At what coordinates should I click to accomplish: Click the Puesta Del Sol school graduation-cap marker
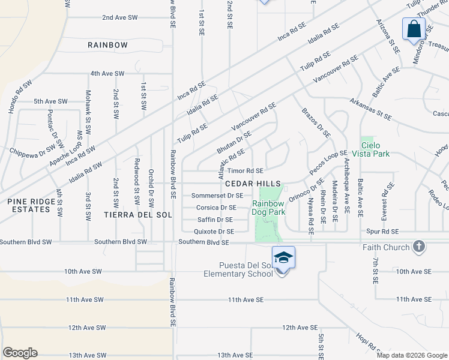(283, 257)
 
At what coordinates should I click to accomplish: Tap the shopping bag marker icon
(414, 29)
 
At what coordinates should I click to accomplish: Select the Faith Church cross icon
(419, 247)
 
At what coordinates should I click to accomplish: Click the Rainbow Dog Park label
(268, 207)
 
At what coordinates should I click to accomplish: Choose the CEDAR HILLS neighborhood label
(253, 183)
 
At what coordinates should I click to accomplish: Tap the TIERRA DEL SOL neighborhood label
(138, 214)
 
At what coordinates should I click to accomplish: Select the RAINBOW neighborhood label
(107, 45)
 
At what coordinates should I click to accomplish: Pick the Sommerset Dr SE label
(217, 196)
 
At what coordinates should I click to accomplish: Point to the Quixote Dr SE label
(214, 231)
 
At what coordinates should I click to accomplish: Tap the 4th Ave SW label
(107, 73)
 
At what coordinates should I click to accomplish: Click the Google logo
(20, 353)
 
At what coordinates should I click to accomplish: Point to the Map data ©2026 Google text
(411, 355)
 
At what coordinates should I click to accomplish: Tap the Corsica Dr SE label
(215, 208)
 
